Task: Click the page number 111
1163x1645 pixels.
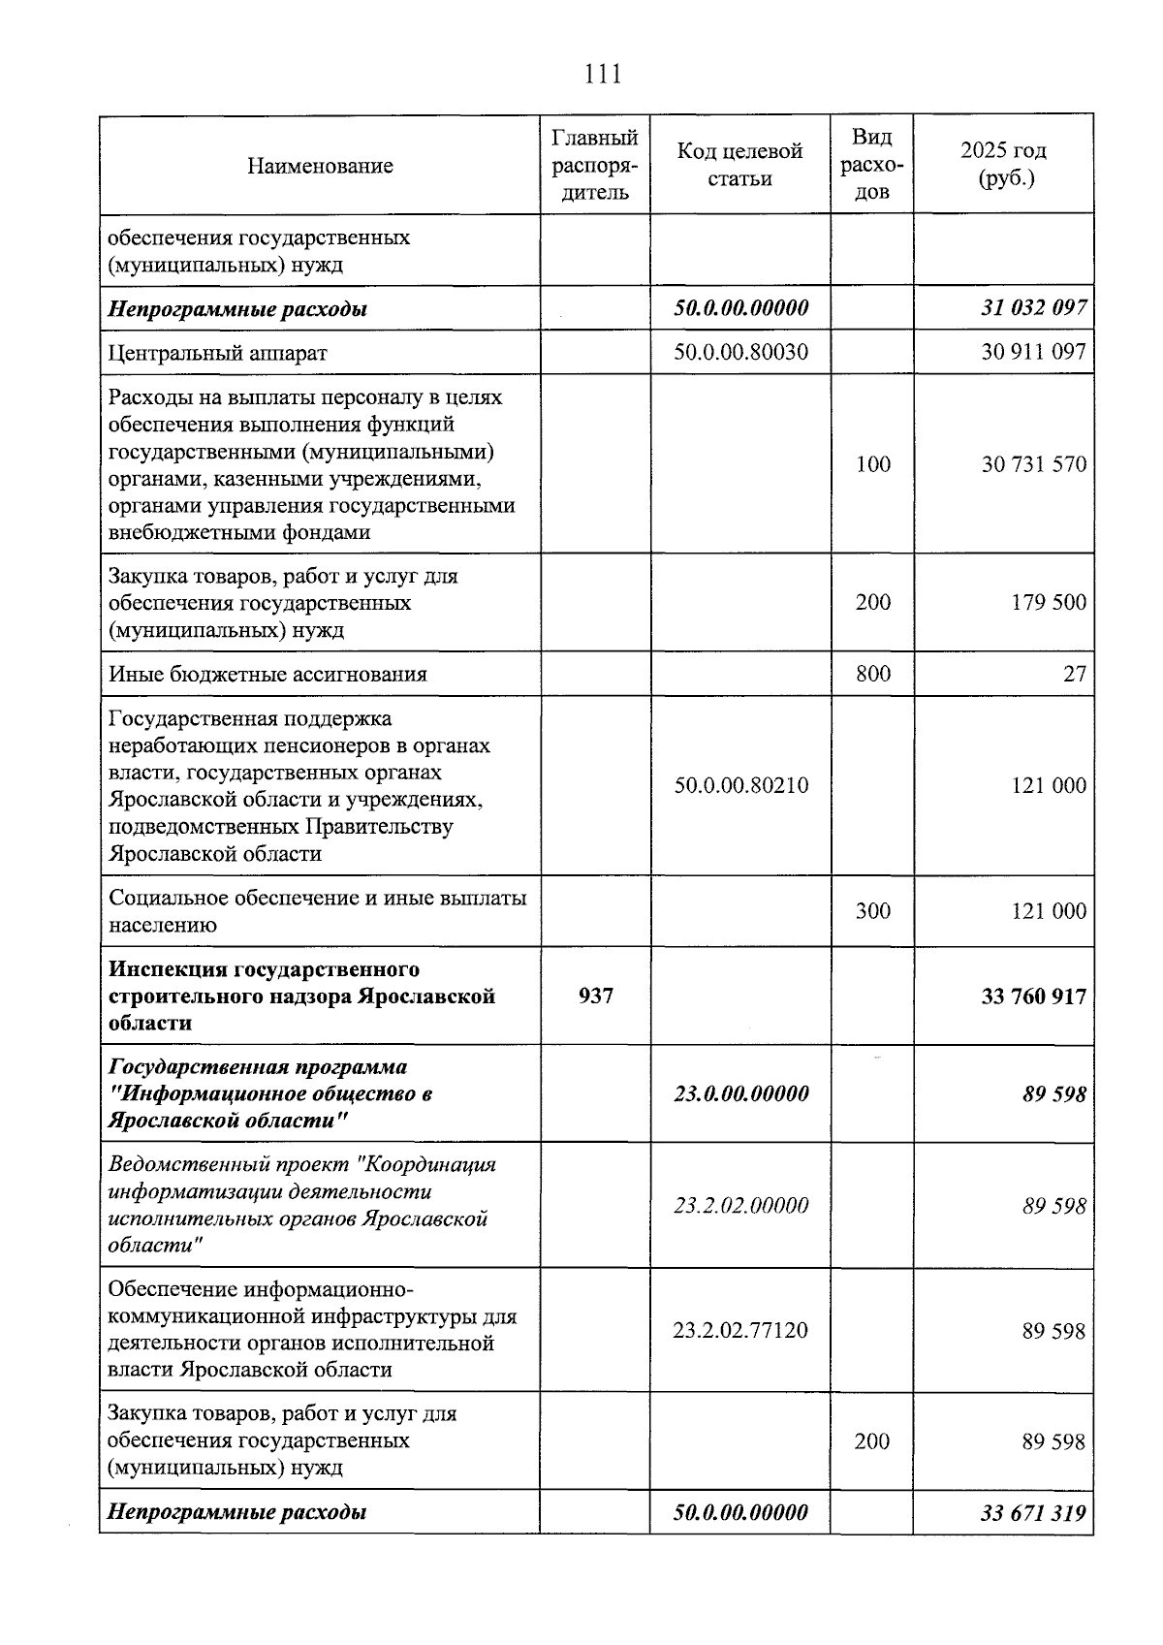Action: tap(603, 74)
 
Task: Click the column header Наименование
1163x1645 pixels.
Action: tap(320, 166)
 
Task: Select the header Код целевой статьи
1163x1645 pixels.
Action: tap(739, 165)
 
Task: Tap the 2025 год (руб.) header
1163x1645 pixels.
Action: tap(1003, 165)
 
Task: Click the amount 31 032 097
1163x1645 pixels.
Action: tap(1033, 309)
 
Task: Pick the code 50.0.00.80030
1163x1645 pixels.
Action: tap(740, 352)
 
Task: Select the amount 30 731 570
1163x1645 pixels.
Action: tap(1033, 464)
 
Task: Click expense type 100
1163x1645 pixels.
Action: tap(872, 464)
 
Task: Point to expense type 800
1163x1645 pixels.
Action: tap(872, 673)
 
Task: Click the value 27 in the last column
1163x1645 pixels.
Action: tap(1074, 674)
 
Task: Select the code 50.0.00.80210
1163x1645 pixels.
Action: tap(740, 785)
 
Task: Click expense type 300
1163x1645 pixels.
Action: tap(872, 911)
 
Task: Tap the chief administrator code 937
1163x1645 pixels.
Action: tap(595, 996)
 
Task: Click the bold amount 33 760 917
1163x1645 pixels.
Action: tap(1033, 996)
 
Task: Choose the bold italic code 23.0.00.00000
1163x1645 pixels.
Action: tap(740, 1093)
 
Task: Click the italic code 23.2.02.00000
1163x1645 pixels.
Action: tap(740, 1205)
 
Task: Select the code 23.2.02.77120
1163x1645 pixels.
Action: tap(740, 1330)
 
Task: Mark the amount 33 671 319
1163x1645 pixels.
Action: tap(1033, 1512)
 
